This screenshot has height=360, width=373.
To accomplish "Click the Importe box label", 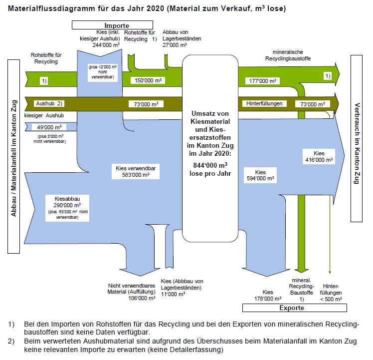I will (x=117, y=25).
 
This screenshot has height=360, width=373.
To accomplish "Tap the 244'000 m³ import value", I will (x=105, y=44).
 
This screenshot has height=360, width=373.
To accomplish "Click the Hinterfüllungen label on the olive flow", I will (x=265, y=104).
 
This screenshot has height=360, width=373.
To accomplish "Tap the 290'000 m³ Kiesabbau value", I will (x=67, y=205).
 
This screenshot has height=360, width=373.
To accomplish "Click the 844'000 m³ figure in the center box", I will (x=209, y=165).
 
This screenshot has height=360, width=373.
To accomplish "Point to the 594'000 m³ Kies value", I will (x=261, y=178).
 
